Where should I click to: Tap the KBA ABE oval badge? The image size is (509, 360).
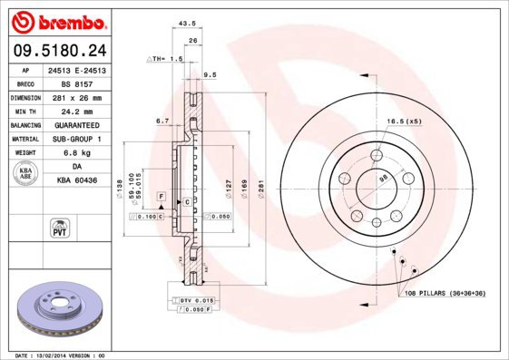[x=24, y=173]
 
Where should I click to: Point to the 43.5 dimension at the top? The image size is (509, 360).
[x=188, y=24]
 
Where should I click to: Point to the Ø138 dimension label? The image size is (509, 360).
[x=119, y=188]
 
